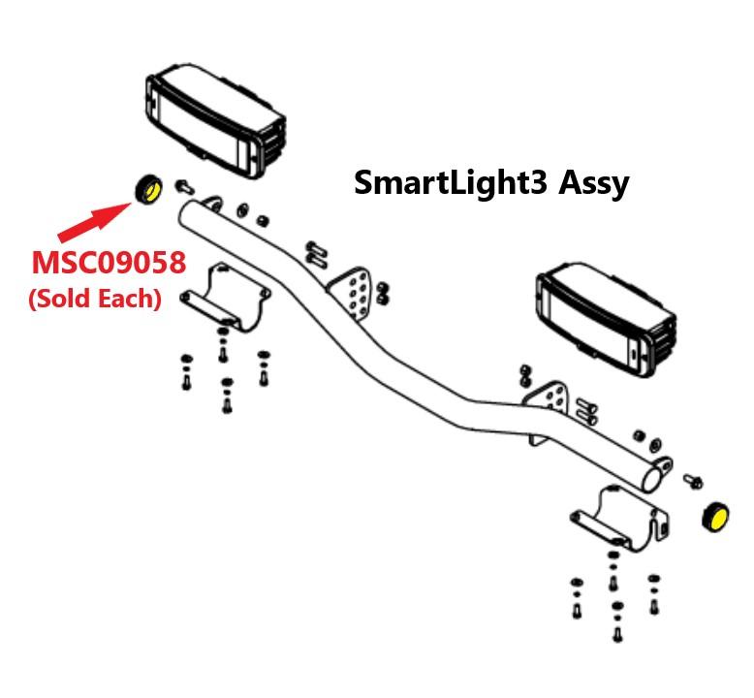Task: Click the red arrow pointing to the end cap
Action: click(93, 220)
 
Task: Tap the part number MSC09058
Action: click(108, 264)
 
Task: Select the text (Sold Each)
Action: click(94, 299)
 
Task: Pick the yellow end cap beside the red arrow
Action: click(148, 188)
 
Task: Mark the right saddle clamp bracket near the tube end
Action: click(625, 519)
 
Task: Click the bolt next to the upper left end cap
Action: click(183, 184)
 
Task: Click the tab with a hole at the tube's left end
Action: click(214, 204)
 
